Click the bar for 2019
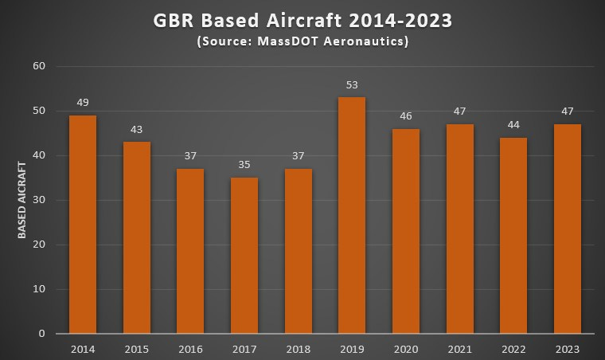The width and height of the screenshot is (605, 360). pyautogui.click(x=352, y=215)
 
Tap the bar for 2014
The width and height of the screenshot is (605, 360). pyautogui.click(x=83, y=224)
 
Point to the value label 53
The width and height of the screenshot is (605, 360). pyautogui.click(x=352, y=84)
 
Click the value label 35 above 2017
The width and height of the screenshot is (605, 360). pyautogui.click(x=244, y=165)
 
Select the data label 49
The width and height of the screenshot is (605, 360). pyautogui.click(x=83, y=103)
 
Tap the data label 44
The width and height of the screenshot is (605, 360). pyautogui.click(x=513, y=125)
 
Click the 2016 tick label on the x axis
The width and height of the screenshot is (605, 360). pyautogui.click(x=190, y=349)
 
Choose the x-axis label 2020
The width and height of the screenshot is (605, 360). pyautogui.click(x=406, y=349)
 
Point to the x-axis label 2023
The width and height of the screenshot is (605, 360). pyautogui.click(x=568, y=349)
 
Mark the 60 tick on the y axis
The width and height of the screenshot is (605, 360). pyautogui.click(x=40, y=66)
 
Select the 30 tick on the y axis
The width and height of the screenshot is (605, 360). pyautogui.click(x=40, y=200)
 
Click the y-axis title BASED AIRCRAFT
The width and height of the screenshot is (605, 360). pyautogui.click(x=24, y=200)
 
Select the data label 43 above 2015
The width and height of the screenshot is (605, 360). pyautogui.click(x=137, y=129)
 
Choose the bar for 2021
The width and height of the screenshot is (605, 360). pyautogui.click(x=459, y=229)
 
